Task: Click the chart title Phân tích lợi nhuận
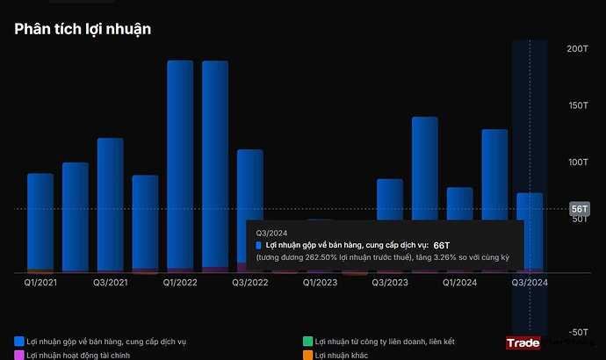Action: click(x=83, y=29)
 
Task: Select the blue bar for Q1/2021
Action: click(x=40, y=221)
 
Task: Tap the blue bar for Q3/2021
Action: click(x=111, y=204)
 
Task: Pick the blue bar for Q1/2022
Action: click(x=180, y=165)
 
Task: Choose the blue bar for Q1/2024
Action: click(x=459, y=204)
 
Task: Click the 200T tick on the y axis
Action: click(x=577, y=48)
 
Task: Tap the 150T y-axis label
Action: click(x=577, y=105)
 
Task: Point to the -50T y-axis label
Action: click(x=576, y=332)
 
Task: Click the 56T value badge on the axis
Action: click(x=579, y=209)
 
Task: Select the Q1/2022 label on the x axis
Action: click(x=180, y=283)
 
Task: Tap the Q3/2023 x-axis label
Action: click(x=390, y=283)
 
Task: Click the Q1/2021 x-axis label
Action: click(x=40, y=283)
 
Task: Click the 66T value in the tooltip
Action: click(x=441, y=245)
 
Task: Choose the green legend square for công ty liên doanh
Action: click(x=307, y=341)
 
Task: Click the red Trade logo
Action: click(x=523, y=343)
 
